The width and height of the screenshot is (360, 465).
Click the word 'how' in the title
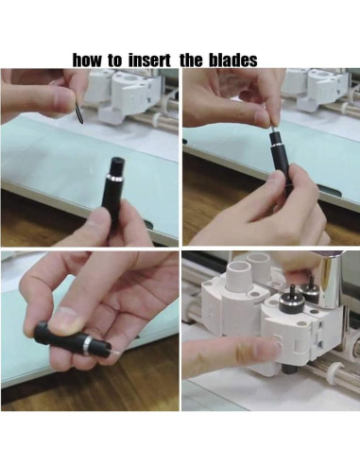click(x=89, y=60)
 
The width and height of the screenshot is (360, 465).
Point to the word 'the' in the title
click(x=192, y=60)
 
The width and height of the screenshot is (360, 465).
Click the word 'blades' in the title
click(x=232, y=60)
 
